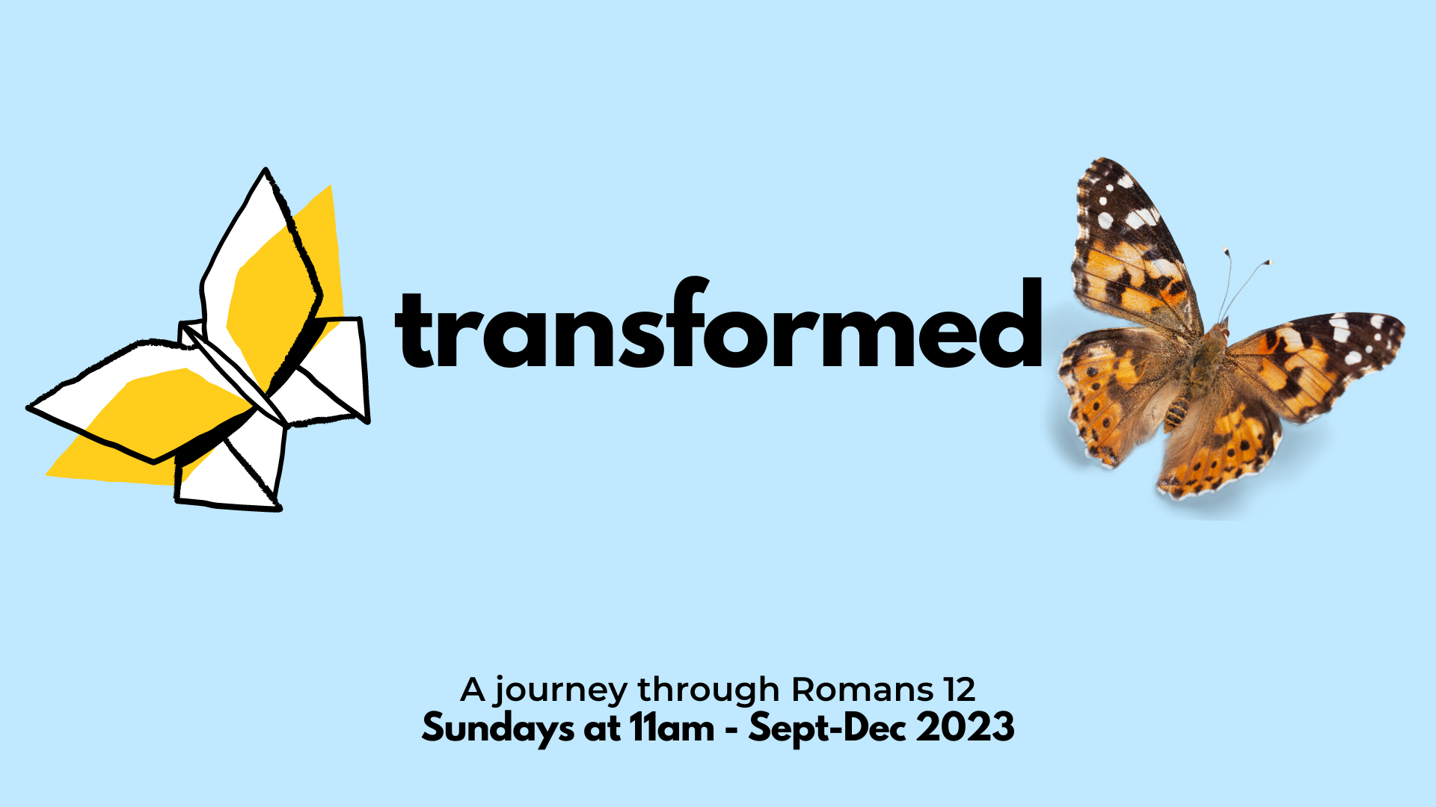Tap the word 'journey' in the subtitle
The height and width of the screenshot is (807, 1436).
click(x=560, y=691)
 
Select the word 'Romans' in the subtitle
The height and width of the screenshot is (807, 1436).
click(x=862, y=689)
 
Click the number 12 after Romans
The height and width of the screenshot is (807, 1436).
click(x=960, y=689)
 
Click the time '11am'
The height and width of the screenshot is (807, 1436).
click(x=672, y=728)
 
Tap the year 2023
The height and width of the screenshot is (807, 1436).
click(x=966, y=727)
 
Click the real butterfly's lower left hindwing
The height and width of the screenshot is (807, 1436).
click(x=1114, y=396)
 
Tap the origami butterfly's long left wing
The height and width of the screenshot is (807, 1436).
click(x=142, y=403)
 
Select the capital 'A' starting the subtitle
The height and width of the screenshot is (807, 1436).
click(x=473, y=689)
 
